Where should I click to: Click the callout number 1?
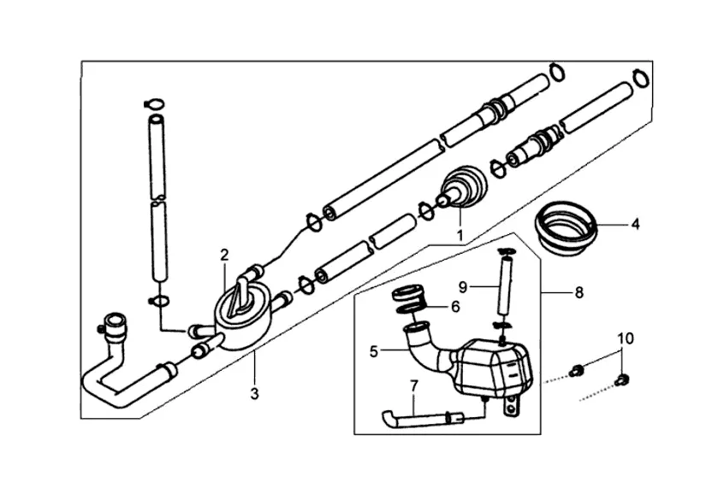[460, 235]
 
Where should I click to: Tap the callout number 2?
[224, 255]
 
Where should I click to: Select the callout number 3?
[254, 393]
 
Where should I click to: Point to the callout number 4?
[635, 225]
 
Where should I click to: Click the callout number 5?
[373, 352]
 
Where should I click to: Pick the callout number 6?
[455, 306]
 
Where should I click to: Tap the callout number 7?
[413, 386]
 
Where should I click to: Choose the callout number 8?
[579, 292]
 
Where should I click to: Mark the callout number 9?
[463, 287]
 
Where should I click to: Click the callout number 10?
[626, 338]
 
